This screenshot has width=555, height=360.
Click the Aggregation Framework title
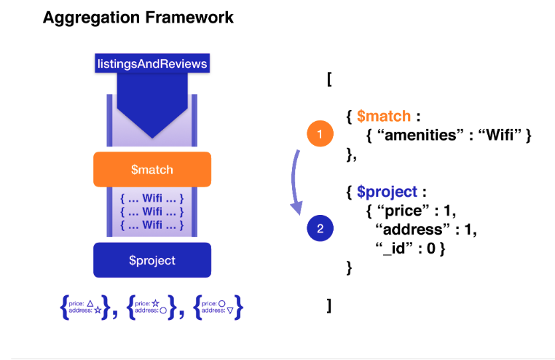click(138, 17)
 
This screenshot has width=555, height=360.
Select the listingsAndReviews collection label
click(152, 63)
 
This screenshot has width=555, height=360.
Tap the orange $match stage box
click(152, 170)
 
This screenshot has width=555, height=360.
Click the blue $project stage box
click(152, 260)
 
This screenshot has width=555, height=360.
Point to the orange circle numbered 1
click(320, 134)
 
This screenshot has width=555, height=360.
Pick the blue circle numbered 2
click(320, 228)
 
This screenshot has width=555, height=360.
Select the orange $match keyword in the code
click(384, 116)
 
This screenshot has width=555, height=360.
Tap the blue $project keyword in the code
click(387, 192)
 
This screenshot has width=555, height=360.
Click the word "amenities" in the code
click(420, 136)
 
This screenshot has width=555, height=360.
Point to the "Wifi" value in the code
click(500, 136)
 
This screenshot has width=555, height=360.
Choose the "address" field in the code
click(413, 230)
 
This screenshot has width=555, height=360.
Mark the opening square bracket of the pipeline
click(329, 79)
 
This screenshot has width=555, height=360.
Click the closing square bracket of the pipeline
click(329, 305)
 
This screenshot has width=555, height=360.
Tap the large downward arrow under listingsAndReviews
click(152, 105)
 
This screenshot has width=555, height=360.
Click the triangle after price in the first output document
click(90, 303)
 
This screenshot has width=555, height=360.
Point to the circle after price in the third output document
click(222, 304)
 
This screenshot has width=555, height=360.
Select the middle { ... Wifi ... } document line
click(152, 211)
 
